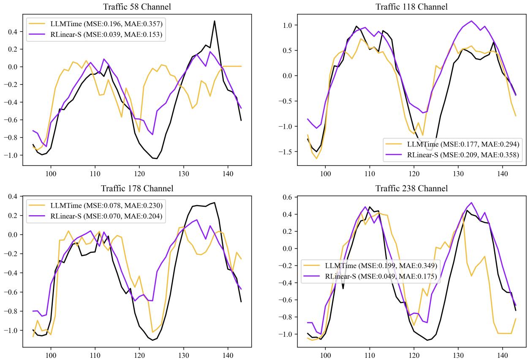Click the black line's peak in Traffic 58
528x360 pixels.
215,21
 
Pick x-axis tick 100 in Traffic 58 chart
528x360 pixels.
51,173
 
